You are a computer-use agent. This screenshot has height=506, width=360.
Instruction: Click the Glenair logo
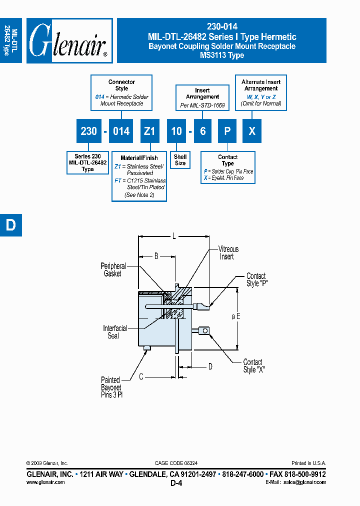coord(69,40)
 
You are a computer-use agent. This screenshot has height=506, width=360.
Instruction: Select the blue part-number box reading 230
coord(88,131)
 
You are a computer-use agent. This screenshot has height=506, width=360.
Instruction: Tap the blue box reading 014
coord(121,131)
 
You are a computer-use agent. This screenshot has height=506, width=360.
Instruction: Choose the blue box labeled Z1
coord(149,131)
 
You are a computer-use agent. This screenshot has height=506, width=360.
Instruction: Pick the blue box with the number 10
coord(176,131)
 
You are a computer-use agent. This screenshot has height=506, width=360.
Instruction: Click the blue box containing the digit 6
coord(202,131)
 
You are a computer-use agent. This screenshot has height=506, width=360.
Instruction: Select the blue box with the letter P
coord(227,131)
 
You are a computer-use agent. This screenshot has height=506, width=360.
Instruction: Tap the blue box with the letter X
coord(252,131)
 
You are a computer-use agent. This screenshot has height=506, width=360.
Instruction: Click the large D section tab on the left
coord(10,225)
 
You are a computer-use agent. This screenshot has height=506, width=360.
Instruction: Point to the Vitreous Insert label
coord(228,252)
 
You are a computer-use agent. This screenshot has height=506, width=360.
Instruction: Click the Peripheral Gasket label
coord(113,270)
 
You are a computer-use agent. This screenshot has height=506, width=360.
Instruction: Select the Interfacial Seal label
coord(115,332)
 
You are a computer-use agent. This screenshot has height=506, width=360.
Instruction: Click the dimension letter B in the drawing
coord(156,256)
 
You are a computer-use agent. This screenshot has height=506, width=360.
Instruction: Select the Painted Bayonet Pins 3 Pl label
coord(111,387)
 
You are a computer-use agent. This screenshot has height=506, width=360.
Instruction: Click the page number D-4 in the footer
coord(176,483)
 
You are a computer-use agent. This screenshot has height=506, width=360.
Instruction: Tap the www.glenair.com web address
coord(45,482)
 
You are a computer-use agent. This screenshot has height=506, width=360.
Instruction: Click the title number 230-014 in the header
coord(221,26)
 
